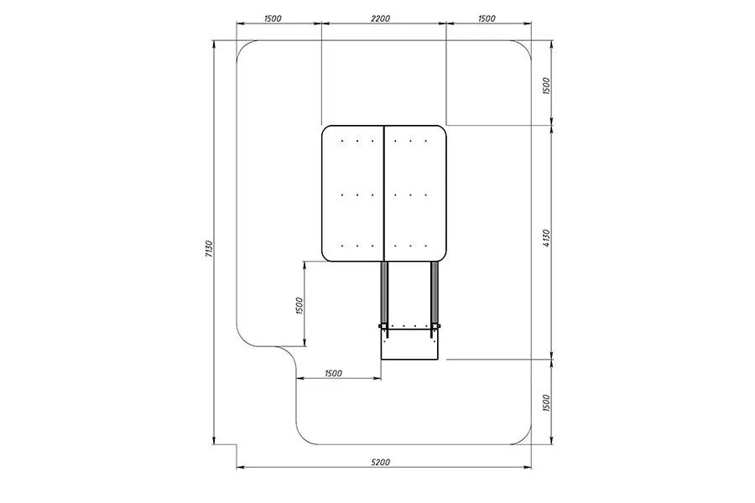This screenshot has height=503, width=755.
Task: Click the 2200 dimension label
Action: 380,18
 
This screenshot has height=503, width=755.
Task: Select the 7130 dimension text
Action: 209,248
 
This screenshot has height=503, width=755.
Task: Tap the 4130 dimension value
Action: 546,239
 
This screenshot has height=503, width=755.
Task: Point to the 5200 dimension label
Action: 380,462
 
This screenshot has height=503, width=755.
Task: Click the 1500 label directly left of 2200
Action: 273,18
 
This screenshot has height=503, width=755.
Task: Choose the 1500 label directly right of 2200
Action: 487,18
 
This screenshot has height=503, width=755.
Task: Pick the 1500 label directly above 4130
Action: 546,86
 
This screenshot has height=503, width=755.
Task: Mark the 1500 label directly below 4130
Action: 546,403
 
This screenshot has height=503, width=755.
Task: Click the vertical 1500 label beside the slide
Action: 299,306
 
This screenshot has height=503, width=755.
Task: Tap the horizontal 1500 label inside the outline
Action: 333,373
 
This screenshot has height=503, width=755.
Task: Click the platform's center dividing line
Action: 383,194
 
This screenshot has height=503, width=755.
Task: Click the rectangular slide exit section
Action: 409,345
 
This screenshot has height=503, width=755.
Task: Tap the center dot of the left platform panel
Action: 357,194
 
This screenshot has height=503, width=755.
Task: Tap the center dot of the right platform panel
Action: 410,194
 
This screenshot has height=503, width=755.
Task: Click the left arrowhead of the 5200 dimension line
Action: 240,467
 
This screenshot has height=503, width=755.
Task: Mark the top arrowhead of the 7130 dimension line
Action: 214,44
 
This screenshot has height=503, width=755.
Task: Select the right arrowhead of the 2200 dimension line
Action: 442,23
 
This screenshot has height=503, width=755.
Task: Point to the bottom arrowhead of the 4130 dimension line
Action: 552,355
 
